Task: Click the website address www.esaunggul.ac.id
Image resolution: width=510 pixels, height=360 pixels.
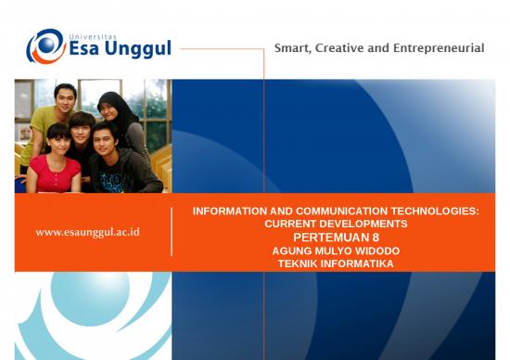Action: (87, 232)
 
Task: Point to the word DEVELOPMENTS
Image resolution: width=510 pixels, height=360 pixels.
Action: (363, 225)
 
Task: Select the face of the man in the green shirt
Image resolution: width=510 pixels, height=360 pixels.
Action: (64, 97)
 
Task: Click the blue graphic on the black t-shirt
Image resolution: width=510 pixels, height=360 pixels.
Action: (114, 180)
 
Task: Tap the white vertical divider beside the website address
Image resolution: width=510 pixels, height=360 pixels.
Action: (172, 231)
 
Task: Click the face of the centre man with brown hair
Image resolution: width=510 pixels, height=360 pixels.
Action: (82, 128)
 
